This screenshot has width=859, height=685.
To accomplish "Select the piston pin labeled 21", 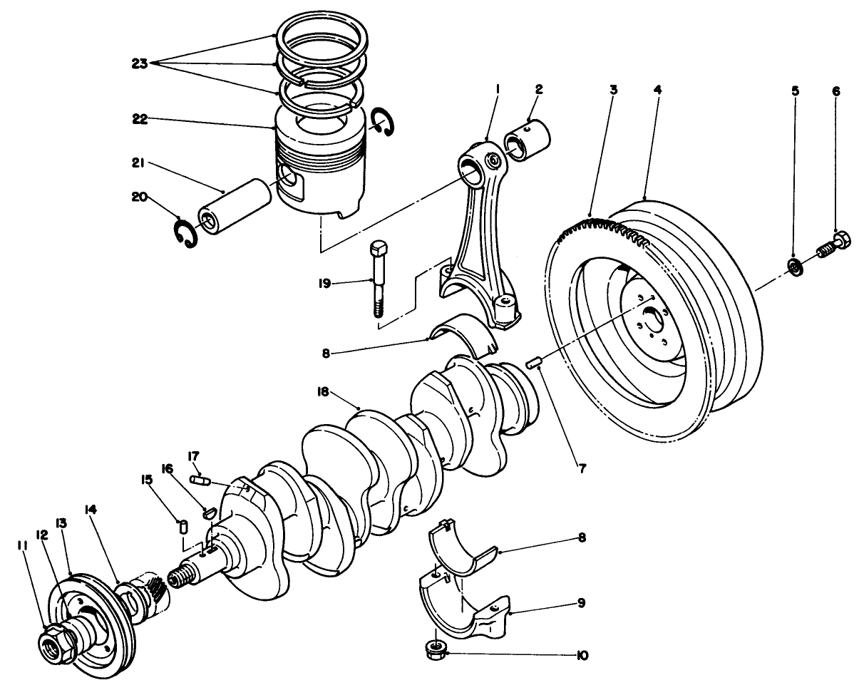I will point(236,205).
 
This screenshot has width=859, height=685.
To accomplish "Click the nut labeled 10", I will point(434,648).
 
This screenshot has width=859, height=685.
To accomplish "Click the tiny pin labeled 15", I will point(182,527).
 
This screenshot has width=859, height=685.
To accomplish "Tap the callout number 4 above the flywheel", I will point(657,91).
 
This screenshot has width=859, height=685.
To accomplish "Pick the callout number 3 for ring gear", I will point(613,91).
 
